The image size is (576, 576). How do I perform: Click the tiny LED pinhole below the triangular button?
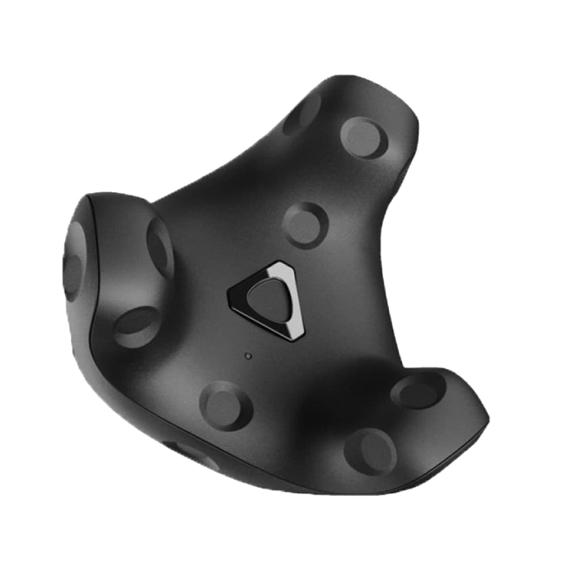click(x=248, y=356)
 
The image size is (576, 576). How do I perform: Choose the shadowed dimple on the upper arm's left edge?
click(x=302, y=115)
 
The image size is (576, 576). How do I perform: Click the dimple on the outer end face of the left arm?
click(x=73, y=262)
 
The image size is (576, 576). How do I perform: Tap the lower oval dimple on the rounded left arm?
click(x=137, y=327)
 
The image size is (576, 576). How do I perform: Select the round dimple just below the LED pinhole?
click(x=225, y=406)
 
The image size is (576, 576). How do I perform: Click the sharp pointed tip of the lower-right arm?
click(x=488, y=414)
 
